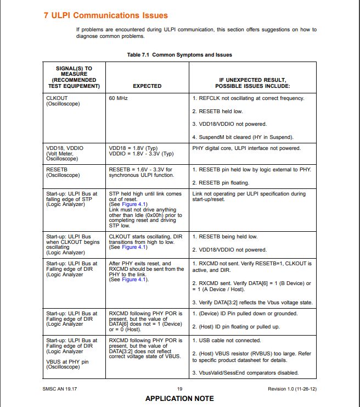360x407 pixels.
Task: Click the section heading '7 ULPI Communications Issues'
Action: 105,15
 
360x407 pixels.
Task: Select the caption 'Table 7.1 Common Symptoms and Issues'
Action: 179,55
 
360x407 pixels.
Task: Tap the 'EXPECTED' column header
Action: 147,86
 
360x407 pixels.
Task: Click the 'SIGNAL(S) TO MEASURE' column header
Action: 74,77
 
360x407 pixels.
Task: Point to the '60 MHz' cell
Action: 119,98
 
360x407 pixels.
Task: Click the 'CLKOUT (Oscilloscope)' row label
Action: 63,101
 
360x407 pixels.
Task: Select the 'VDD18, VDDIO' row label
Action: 65,148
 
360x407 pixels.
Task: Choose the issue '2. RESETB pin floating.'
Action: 221,182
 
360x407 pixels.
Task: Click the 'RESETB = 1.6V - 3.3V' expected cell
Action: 140,172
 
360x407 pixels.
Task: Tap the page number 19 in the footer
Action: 179,389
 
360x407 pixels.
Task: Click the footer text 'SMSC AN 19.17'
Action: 60,389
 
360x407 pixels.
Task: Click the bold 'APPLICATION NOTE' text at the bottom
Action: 179,398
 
